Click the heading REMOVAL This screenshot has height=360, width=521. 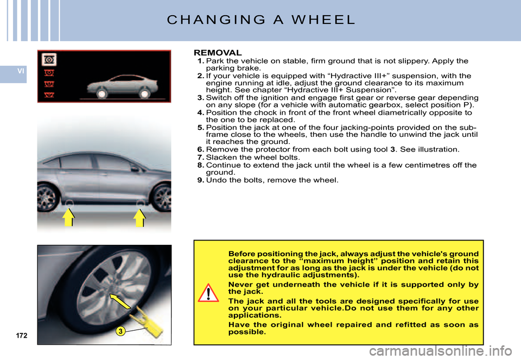coord(218,53)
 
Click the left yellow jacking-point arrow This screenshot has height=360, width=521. coord(68,218)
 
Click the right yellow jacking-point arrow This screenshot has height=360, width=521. coord(139,218)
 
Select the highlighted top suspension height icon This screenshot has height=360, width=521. coord(48,60)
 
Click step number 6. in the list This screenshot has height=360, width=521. coord(201,149)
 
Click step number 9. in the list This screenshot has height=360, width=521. coord(201,180)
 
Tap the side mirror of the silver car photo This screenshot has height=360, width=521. coord(134,168)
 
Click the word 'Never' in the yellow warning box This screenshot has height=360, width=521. coord(240,284)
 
